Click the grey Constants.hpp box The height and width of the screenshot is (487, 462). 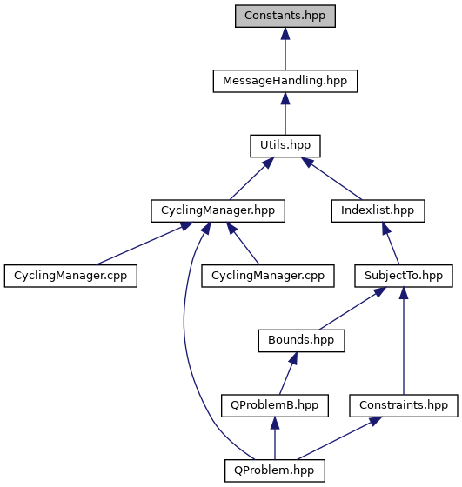click(x=285, y=16)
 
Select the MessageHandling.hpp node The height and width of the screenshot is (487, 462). click(x=285, y=81)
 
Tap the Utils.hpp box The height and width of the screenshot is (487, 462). click(x=285, y=146)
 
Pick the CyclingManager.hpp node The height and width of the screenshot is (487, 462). click(x=218, y=210)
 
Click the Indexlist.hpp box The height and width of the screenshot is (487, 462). click(x=378, y=210)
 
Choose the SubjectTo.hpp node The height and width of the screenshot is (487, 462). click(x=404, y=276)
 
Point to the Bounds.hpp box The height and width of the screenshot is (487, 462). click(x=301, y=340)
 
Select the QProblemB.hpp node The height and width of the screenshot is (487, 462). click(x=275, y=405)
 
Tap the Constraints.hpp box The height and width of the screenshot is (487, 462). click(x=404, y=405)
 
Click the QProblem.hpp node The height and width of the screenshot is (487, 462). click(x=275, y=470)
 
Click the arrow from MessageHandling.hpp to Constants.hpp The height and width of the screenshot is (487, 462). click(x=285, y=49)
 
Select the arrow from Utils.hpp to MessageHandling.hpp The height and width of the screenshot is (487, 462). click(x=285, y=113)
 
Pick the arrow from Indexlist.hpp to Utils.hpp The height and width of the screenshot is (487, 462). click(x=331, y=178)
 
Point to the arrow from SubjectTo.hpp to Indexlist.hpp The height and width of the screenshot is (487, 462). click(x=391, y=243)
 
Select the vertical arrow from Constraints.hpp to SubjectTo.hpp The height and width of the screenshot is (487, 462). click(x=404, y=340)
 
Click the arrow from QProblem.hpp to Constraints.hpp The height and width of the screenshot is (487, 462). click(x=339, y=438)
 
